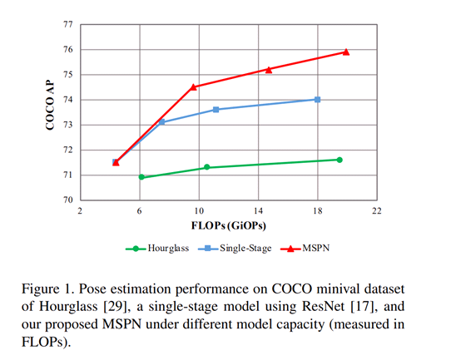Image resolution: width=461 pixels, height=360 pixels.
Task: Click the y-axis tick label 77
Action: point(67,24)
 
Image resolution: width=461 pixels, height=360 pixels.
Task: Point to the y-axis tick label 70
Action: point(67,200)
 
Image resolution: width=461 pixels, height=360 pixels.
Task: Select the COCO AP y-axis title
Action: point(48,113)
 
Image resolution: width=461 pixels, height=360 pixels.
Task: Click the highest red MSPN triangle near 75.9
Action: point(346,52)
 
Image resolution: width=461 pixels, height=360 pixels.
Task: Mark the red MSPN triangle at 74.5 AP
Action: point(194,86)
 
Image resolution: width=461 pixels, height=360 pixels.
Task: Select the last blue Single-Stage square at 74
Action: point(317,100)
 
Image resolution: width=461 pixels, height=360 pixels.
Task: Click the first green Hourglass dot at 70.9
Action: point(141,177)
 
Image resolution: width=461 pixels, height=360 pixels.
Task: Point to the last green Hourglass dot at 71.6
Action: point(340,160)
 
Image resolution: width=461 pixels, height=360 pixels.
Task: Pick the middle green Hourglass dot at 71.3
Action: point(207,167)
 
